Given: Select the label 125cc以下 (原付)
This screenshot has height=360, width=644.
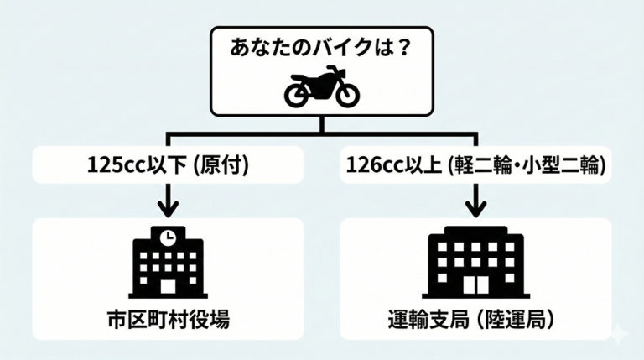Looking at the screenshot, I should point(168,165).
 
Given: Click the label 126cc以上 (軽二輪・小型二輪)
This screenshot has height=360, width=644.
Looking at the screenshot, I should point(475,165).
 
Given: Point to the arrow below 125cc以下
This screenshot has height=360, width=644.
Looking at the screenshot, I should point(168,201).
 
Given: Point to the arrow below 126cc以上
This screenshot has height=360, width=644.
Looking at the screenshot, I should point(476,201).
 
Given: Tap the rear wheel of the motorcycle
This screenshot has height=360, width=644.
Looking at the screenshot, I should point(296,96).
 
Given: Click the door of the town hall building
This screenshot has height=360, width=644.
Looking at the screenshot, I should point(169,286).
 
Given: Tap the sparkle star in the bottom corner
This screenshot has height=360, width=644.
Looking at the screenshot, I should point(620,333).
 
